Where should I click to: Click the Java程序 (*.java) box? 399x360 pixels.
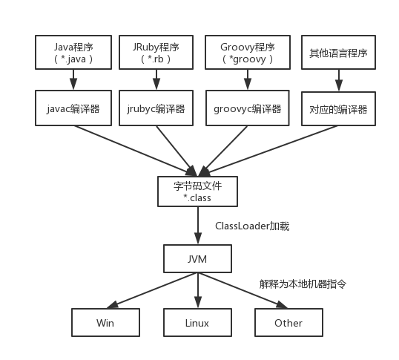point(73,53)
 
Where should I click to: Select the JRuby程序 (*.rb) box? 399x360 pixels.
point(156,53)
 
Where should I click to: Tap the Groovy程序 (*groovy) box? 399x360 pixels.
point(248,53)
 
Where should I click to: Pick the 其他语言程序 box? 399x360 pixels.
point(338,53)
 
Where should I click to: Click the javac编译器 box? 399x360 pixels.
point(73,108)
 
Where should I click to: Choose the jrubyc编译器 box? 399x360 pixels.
point(156,108)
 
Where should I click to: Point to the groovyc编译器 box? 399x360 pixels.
point(248,108)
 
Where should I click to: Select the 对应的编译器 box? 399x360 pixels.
point(338,108)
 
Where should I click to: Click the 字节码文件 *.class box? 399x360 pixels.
point(197,192)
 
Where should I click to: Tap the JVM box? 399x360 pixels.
point(197,258)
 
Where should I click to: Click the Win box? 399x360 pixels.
point(105,323)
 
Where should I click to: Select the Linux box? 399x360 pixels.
point(197,323)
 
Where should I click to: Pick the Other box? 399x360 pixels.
point(288,323)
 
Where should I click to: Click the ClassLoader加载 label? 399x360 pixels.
point(252,226)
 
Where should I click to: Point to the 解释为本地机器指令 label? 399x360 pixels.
point(303,284)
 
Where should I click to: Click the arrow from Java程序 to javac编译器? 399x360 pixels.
point(73,79)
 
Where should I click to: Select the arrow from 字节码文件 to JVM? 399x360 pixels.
point(198,226)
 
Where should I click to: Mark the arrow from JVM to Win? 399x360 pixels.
point(152,290)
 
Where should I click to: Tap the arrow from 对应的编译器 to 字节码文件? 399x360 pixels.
point(268,151)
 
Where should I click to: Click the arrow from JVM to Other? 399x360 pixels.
point(243,290)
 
